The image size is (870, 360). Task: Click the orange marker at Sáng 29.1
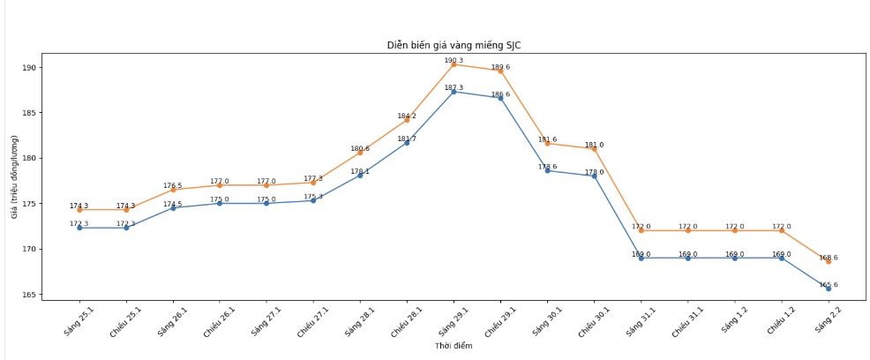click(454, 64)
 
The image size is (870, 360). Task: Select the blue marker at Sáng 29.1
click(454, 92)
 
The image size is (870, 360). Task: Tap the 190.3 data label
click(454, 60)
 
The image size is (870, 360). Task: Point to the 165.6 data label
click(828, 284)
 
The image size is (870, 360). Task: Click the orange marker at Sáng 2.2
click(828, 261)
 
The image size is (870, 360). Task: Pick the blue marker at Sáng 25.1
click(79, 228)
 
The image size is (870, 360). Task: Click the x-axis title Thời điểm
click(454, 346)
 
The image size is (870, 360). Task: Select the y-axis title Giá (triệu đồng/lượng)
click(15, 181)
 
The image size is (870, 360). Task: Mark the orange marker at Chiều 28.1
click(407, 119)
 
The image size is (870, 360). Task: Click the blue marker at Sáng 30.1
click(547, 170)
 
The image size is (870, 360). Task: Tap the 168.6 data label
click(828, 258)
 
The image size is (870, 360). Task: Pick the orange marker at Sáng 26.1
click(173, 190)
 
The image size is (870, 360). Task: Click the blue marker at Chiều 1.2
click(781, 258)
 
